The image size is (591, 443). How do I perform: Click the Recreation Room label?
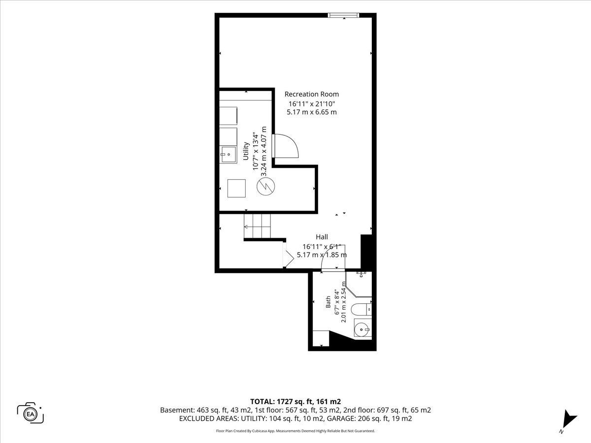(x=312, y=94)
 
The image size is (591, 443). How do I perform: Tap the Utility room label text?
(x=246, y=151)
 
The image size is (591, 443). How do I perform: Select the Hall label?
(x=322, y=237)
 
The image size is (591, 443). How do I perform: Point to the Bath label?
(x=328, y=302)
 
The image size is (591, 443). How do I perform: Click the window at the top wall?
(x=344, y=15)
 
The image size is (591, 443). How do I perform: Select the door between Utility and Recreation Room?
(x=285, y=146)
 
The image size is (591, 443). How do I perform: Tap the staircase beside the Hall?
(x=257, y=226)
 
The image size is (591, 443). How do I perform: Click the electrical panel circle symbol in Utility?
(x=266, y=187)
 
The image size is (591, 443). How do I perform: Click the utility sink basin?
(x=228, y=155)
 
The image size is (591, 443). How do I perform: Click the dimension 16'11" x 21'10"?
(x=312, y=103)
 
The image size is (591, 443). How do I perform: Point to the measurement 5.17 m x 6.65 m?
(x=312, y=112)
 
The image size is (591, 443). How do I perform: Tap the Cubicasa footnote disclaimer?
(x=295, y=431)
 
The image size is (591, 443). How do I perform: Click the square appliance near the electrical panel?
(x=236, y=189)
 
